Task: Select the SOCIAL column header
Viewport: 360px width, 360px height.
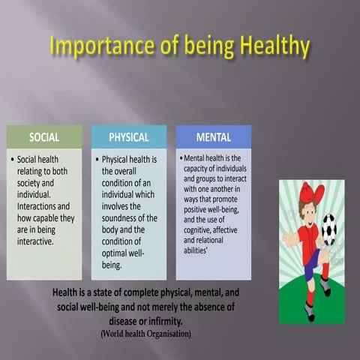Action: point(44,137)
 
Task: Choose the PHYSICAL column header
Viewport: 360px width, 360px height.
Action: point(128,137)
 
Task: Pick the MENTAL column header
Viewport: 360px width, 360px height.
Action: point(213,137)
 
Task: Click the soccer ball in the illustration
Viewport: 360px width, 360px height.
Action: point(328,229)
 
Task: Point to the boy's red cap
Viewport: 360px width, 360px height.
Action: point(310,193)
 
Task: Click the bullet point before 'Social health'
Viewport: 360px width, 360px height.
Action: point(12,160)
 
